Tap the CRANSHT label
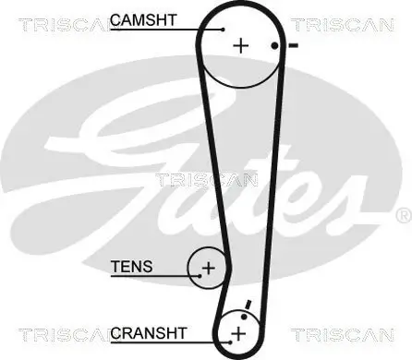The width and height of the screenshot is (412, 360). tap(149, 331)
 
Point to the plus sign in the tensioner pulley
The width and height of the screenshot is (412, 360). tap(208, 269)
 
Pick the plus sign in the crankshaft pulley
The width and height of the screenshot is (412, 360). tap(238, 332)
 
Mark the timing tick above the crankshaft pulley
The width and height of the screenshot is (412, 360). tap(247, 306)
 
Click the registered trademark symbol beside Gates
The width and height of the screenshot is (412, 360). tap(402, 215)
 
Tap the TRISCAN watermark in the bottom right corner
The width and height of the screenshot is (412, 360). tap(349, 332)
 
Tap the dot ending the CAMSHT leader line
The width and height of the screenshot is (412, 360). tap(223, 30)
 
